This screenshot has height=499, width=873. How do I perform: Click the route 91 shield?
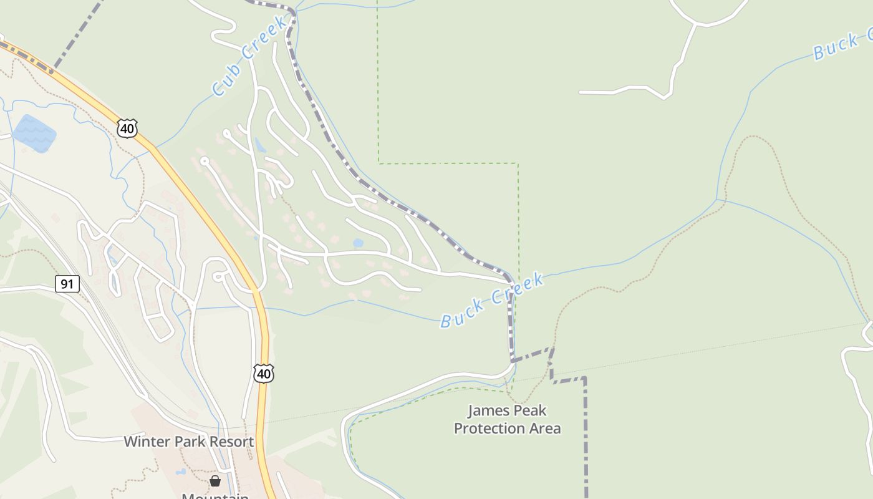click(x=67, y=284)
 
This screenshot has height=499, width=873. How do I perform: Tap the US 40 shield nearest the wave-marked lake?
click(x=127, y=128)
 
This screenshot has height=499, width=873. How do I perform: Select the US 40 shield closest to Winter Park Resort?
click(x=264, y=373)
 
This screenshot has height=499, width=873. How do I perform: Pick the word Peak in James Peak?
click(x=530, y=410)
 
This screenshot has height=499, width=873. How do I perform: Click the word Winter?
click(x=146, y=442)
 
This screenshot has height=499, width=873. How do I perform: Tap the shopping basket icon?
click(x=215, y=480)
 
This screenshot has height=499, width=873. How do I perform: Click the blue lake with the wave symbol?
click(x=34, y=132)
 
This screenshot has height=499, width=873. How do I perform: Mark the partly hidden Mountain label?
click(x=215, y=496)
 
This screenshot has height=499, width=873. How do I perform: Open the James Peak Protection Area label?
click(x=507, y=419)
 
